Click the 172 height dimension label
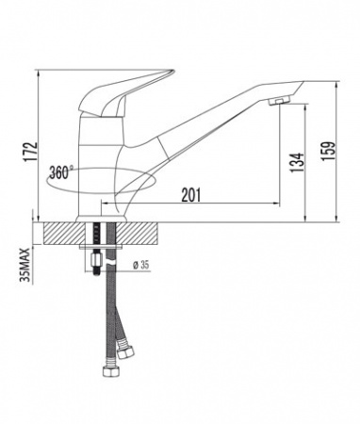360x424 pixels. (31, 152)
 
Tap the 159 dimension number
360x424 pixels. (328, 151)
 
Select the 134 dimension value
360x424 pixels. (297, 162)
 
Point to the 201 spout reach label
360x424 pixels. (190, 195)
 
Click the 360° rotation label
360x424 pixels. (59, 172)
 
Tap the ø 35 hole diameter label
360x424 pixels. (140, 266)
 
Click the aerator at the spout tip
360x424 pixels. (280, 101)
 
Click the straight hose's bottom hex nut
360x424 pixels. (111, 371)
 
